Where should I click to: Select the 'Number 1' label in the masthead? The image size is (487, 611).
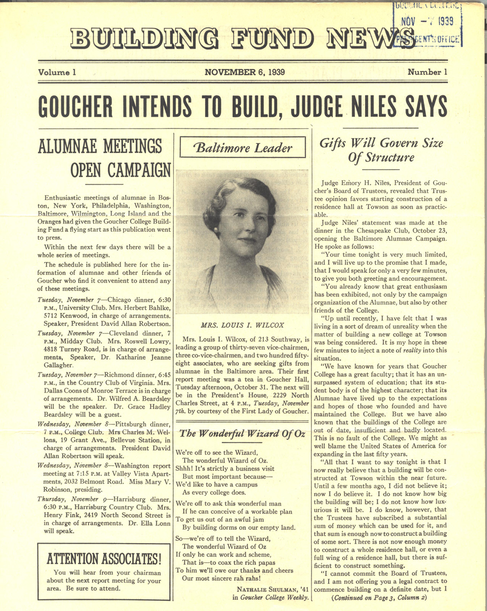[427, 72]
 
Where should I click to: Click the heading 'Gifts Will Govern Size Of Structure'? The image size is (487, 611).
[381, 150]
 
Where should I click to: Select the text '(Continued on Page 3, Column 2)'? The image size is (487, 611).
[379, 597]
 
